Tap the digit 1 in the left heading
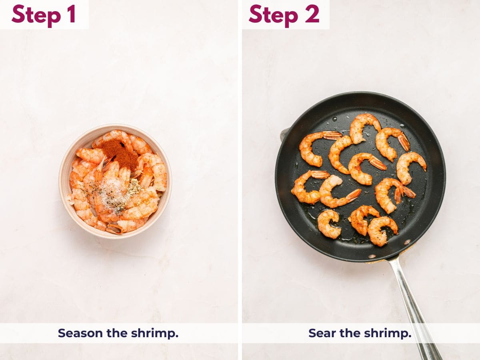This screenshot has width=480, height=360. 71,14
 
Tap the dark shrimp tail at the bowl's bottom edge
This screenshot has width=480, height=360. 114,229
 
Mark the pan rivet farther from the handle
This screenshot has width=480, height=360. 372,256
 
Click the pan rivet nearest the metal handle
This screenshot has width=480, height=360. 407,242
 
